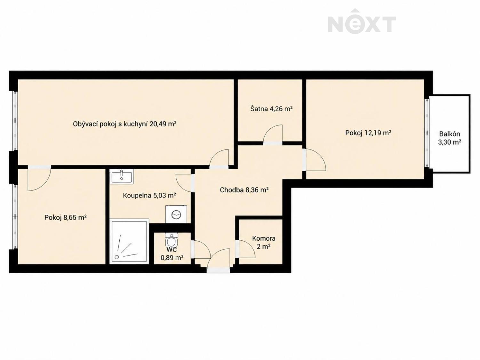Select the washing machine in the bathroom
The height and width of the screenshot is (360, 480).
pyautogui.click(x=176, y=214)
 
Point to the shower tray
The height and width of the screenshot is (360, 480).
pyautogui.click(x=129, y=241)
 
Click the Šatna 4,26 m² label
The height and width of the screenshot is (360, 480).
pyautogui.click(x=271, y=108)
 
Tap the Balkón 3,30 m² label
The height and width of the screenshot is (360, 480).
pyautogui.click(x=450, y=138)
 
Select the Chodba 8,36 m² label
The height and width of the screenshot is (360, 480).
pyautogui.click(x=244, y=190)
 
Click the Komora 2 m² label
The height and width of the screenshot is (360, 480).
pyautogui.click(x=264, y=243)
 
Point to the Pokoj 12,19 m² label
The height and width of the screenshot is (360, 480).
pyautogui.click(x=368, y=133)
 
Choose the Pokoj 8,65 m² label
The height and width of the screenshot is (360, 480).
pyautogui.click(x=65, y=217)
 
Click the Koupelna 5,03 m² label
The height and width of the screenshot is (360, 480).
pyautogui.click(x=149, y=195)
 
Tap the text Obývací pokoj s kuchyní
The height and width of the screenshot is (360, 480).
pyautogui.click(x=111, y=124)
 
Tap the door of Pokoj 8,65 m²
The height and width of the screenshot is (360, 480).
pyautogui.click(x=39, y=178)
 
